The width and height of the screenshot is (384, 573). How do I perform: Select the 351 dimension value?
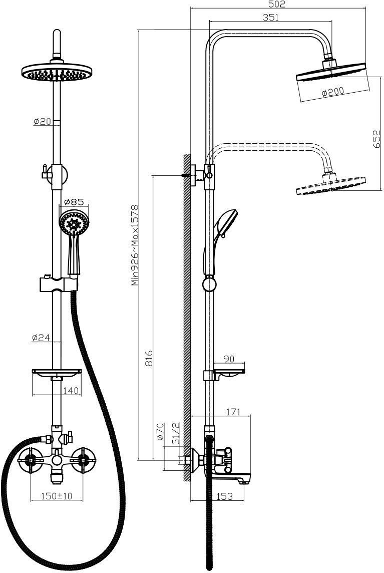click(x=270, y=17)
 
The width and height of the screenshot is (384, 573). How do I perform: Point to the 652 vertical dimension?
click(x=376, y=139)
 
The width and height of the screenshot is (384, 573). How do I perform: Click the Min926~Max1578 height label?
click(x=135, y=245)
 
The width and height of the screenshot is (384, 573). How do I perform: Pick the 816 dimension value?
click(x=148, y=359)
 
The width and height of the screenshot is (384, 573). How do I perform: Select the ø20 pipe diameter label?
click(x=42, y=122)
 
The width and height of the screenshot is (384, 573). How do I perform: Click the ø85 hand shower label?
click(x=74, y=201)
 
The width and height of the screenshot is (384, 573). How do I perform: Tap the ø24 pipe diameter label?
click(x=41, y=338)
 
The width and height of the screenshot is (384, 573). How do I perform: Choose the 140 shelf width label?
click(x=71, y=391)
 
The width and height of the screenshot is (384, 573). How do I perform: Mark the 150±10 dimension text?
click(x=57, y=496)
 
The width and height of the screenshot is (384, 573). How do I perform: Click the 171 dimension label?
click(x=233, y=412)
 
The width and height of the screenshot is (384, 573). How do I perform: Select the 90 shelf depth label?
click(x=229, y=359)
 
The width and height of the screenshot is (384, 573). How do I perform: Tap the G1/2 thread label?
click(x=176, y=433)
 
